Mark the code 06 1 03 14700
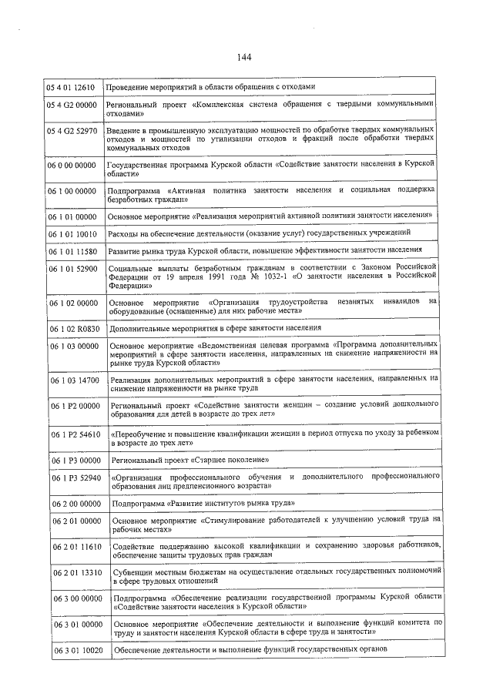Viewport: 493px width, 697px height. pyautogui.click(x=75, y=380)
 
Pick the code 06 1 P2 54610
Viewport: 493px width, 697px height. pyautogui.click(x=75, y=435)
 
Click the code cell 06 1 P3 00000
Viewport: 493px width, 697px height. pyautogui.click(x=75, y=460)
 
